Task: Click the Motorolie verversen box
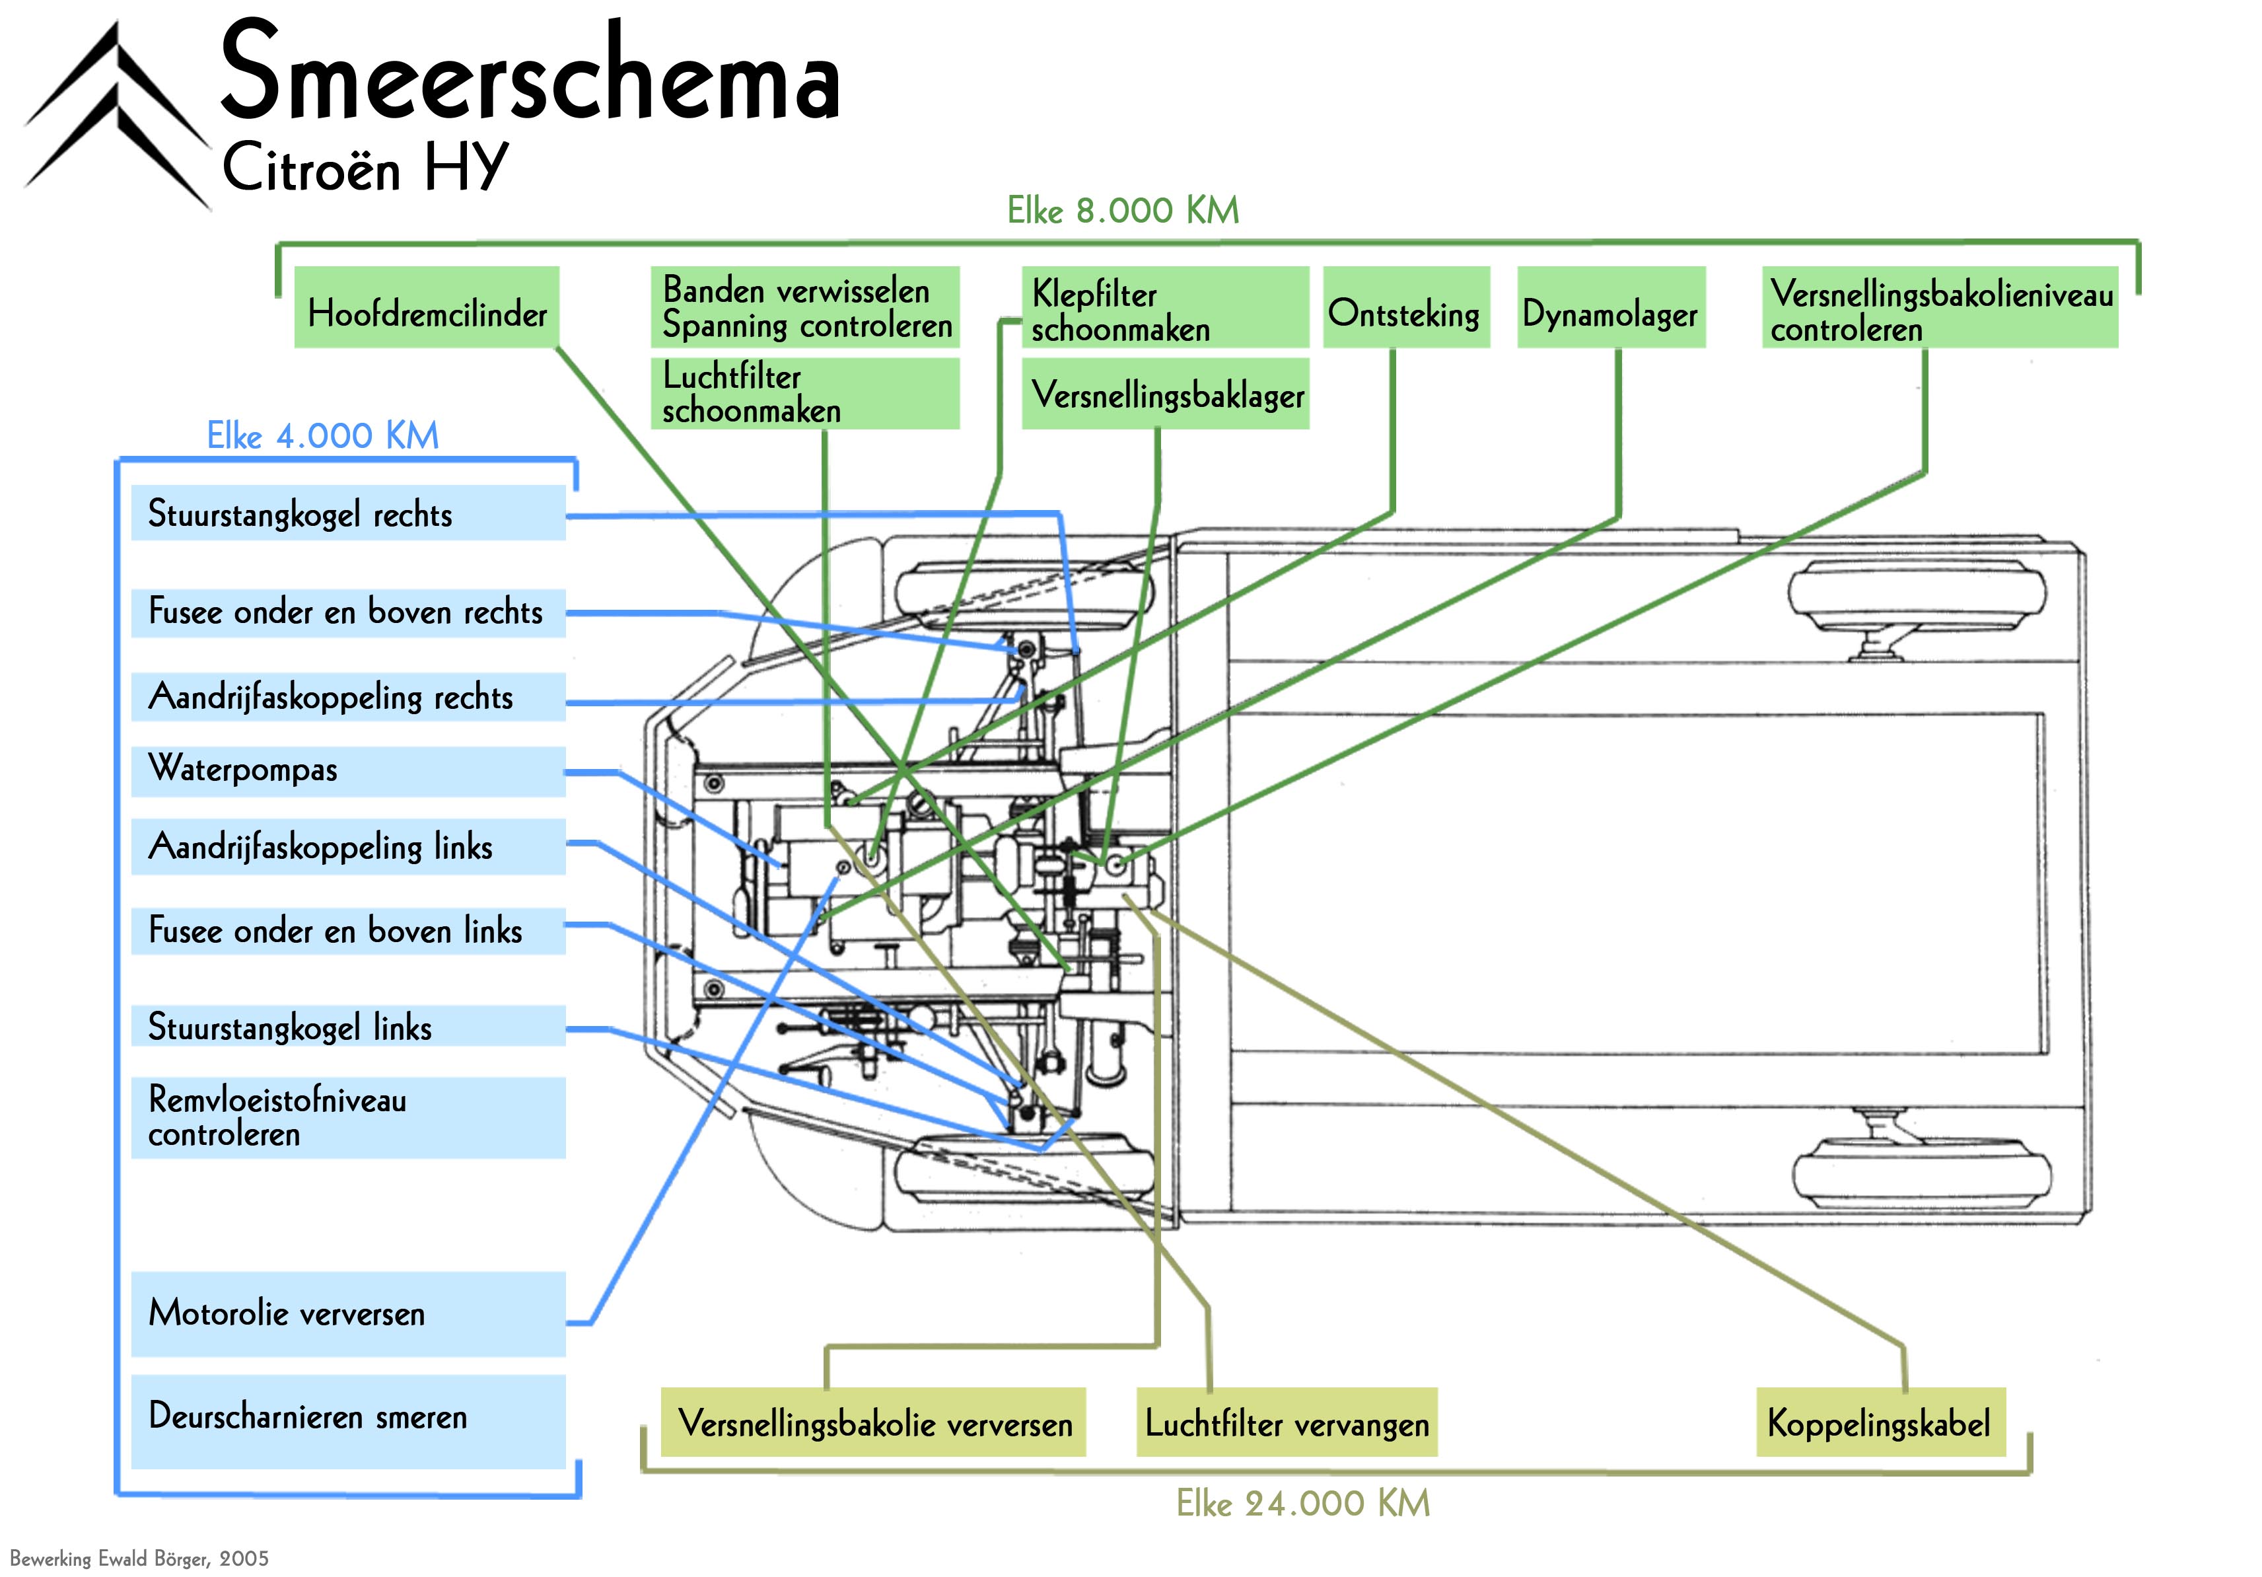click(348, 1314)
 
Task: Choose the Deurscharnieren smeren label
click(348, 1419)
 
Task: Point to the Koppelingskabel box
click(1880, 1422)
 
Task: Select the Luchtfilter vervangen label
click(1286, 1422)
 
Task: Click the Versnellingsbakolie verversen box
click(873, 1422)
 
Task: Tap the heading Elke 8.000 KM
click(1122, 211)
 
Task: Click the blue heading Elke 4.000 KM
click(322, 435)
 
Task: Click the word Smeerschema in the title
click(530, 74)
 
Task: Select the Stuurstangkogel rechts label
click(348, 513)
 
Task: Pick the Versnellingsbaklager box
click(1166, 394)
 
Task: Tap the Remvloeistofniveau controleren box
click(348, 1117)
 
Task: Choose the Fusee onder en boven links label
click(348, 930)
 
